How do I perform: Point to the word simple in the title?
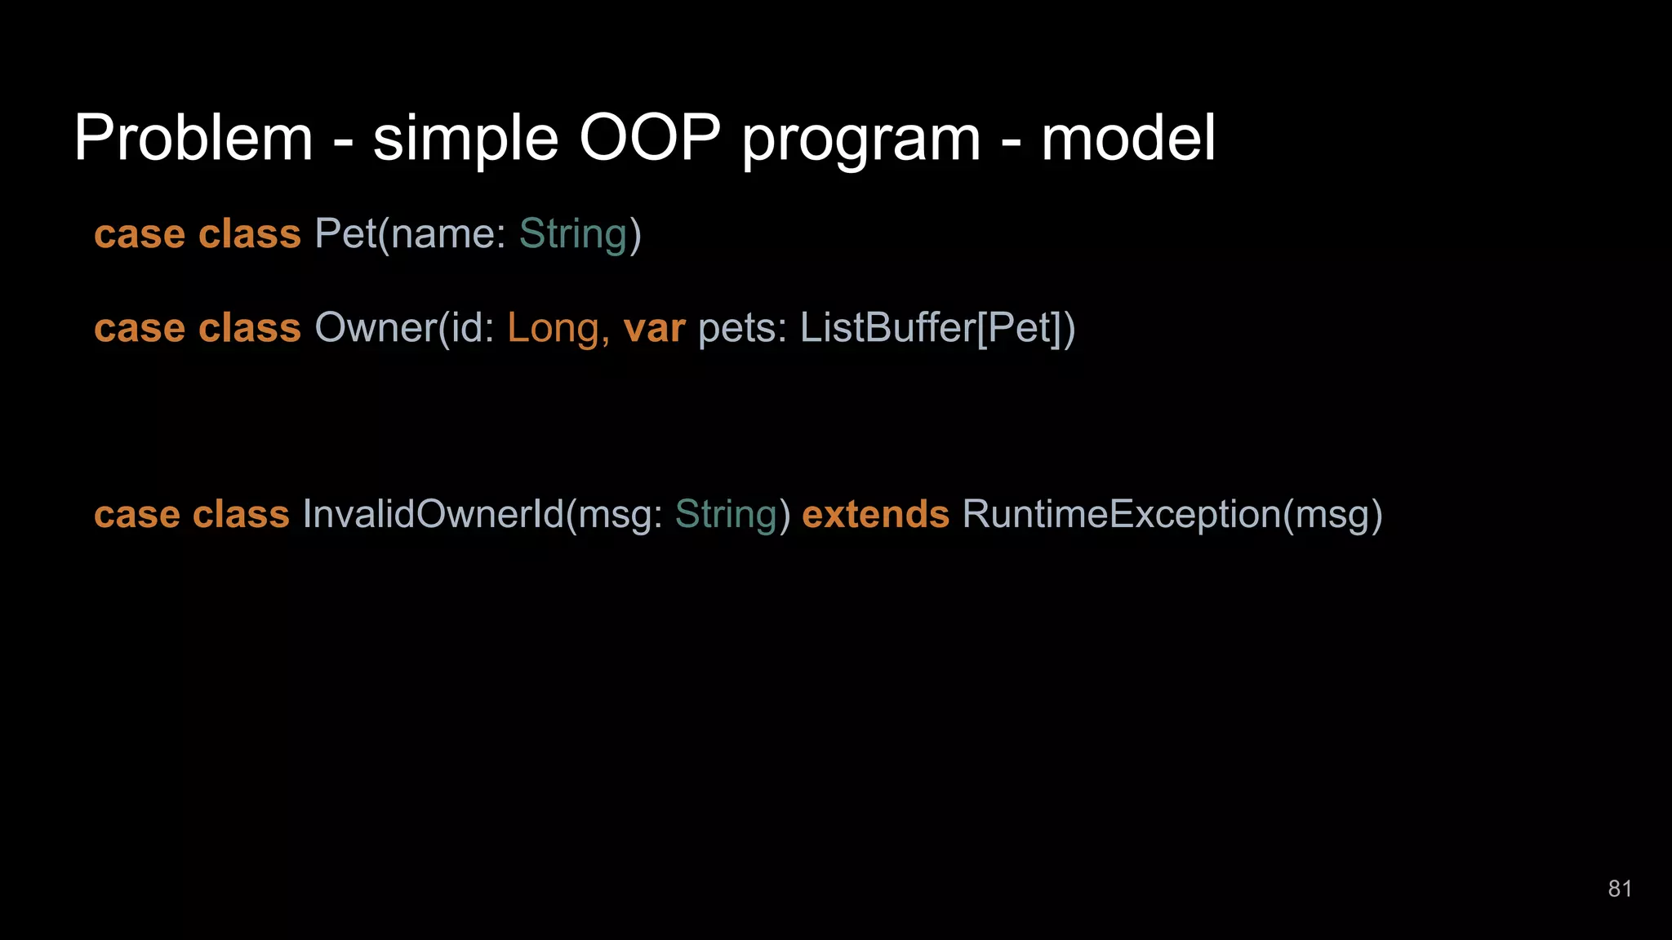pos(465,139)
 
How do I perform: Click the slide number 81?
pos(1620,889)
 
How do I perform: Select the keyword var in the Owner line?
pos(654,328)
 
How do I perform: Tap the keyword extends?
pos(875,514)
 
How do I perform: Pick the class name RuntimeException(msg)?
pos(1172,514)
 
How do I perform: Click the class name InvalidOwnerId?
pos(433,514)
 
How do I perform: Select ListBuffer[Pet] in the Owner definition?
pos(931,328)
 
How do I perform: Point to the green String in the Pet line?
pos(573,234)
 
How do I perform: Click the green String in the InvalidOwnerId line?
pos(727,515)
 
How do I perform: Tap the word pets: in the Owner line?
pos(741,329)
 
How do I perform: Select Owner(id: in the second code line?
pos(404,328)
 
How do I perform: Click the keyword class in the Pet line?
pos(250,234)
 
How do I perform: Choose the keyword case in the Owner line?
pos(140,328)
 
